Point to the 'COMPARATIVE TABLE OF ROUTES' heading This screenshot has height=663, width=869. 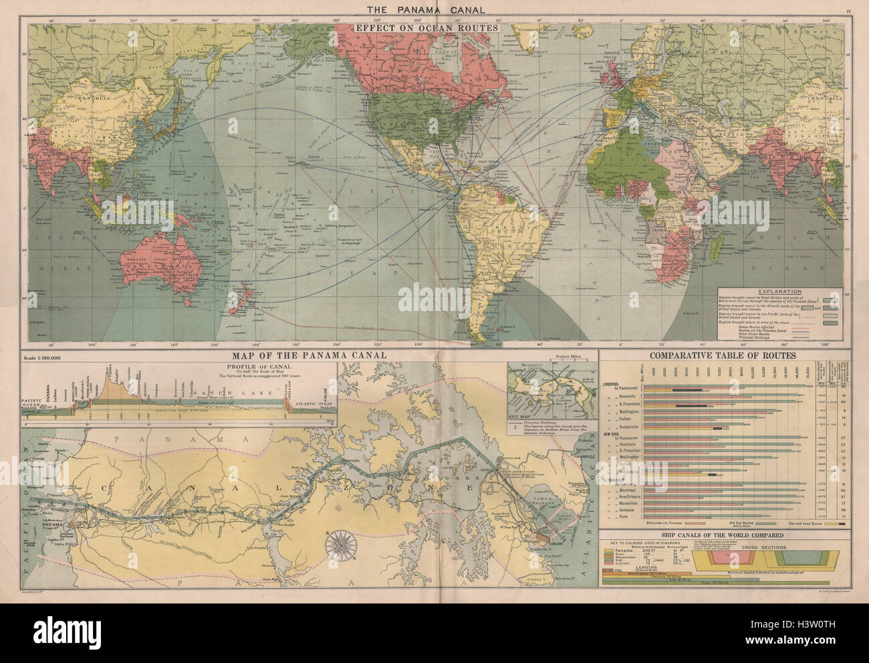[725, 356]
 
